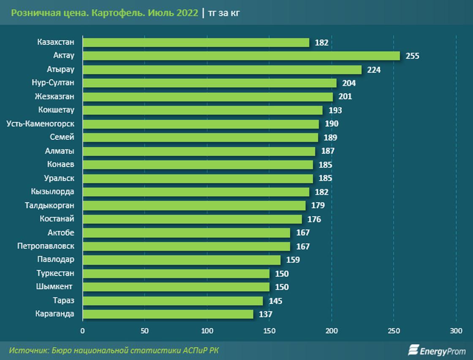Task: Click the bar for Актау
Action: point(241,56)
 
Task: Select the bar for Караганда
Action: point(168,314)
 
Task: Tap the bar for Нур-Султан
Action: point(209,83)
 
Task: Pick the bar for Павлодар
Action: point(181,260)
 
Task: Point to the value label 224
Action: point(374,70)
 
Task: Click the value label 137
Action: point(266,314)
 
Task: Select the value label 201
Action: point(345,97)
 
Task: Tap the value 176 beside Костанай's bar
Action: point(314,219)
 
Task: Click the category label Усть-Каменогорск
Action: point(41,124)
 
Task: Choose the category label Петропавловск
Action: point(46,246)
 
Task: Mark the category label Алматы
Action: point(60,151)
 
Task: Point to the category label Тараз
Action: point(63,300)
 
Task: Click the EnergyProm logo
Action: point(436,350)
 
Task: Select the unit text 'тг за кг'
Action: point(224,13)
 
